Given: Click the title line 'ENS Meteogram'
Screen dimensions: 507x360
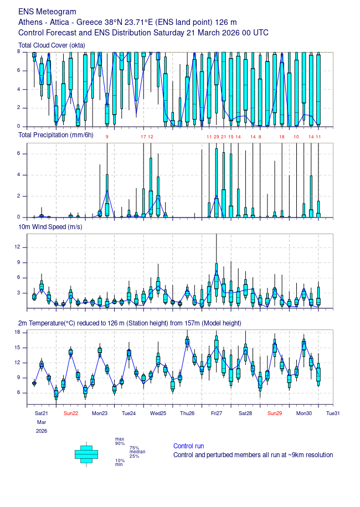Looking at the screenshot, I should [x=47, y=12].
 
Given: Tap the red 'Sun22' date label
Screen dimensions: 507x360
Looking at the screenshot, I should [x=71, y=413].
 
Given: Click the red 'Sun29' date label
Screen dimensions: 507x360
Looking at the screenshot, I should [x=275, y=413].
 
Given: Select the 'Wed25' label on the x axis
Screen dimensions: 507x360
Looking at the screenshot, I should [x=158, y=413].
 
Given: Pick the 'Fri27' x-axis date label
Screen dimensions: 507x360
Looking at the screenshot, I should [x=216, y=413].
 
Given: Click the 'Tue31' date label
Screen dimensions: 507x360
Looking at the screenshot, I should [x=332, y=413].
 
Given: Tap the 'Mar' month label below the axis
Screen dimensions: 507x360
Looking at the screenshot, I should [x=42, y=422].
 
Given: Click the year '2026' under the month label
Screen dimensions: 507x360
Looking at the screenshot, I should [x=42, y=431].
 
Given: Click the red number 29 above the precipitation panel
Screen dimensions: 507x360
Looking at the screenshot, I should [x=216, y=136].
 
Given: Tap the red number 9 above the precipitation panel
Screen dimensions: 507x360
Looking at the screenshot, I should [x=107, y=136].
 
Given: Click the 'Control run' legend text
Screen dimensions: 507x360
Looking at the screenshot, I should [x=188, y=446].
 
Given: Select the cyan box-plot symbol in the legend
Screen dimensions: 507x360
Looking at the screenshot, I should [x=86, y=454].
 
